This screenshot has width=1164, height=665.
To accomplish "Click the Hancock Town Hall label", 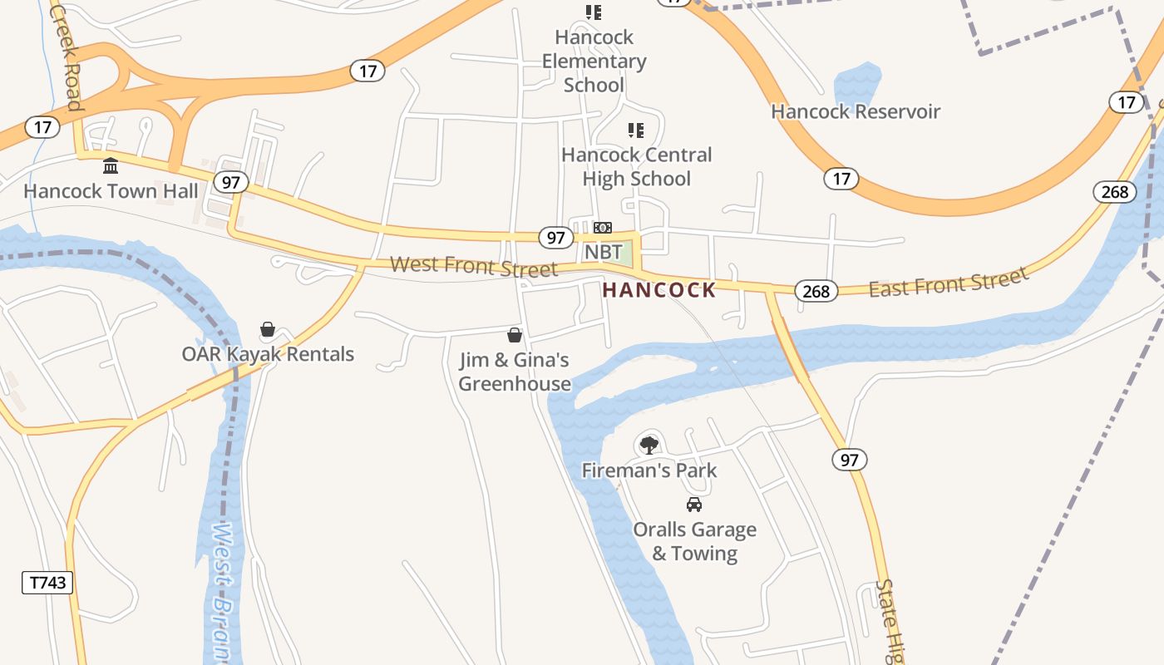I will (x=111, y=191).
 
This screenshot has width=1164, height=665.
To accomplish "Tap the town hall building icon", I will (x=111, y=165).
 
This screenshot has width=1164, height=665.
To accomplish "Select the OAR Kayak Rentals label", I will (x=268, y=354).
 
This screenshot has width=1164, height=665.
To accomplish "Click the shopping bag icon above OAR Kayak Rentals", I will (x=268, y=330).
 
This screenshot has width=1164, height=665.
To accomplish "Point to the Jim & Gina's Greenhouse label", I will (x=515, y=372).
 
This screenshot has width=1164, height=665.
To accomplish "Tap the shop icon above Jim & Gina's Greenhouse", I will (x=515, y=335).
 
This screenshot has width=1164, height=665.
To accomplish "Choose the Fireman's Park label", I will (x=649, y=470).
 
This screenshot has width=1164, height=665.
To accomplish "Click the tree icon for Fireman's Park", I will (x=649, y=446).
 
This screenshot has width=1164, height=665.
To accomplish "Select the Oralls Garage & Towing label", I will (x=694, y=541).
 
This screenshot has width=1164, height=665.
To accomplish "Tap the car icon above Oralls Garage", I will (x=694, y=505).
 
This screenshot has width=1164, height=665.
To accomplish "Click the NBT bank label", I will (x=603, y=252).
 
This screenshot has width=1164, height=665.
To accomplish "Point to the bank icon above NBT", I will (x=603, y=228).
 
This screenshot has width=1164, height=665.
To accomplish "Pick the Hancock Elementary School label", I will (x=594, y=61).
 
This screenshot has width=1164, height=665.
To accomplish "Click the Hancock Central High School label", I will (x=636, y=166).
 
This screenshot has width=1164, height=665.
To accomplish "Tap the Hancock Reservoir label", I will (x=856, y=111).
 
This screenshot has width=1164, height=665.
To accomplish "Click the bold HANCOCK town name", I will (x=659, y=290).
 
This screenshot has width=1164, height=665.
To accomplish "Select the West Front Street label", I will (x=474, y=267).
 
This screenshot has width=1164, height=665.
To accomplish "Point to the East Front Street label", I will (x=949, y=283).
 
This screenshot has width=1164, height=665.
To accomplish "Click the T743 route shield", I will (x=47, y=583).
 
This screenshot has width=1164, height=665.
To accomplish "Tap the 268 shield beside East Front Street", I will (x=816, y=291).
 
